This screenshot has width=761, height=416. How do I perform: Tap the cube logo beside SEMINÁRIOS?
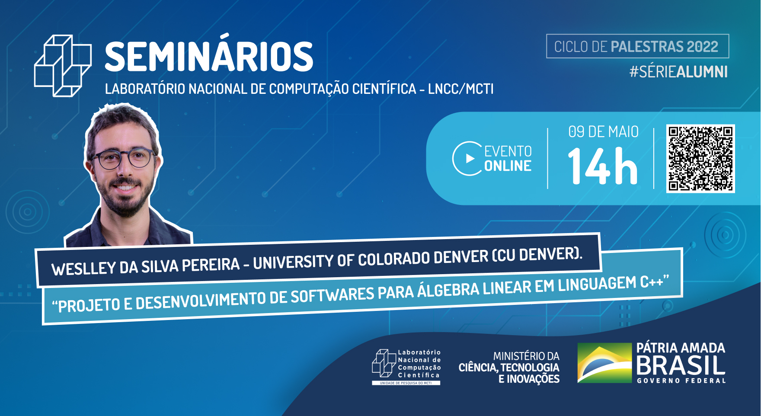pos(63,65)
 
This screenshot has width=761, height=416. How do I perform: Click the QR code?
pos(700,158)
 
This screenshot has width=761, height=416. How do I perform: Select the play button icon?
pos(467,159)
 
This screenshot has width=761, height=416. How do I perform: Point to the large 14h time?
pos(602,166)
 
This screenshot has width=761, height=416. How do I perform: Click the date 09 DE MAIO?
pos(603,131)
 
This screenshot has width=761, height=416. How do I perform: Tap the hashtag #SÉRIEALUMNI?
pos(678,72)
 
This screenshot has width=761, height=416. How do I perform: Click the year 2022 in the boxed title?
pos(702,46)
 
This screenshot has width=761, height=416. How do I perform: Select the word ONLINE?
pos(508,166)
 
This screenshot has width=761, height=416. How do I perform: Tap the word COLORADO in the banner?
pos(393,259)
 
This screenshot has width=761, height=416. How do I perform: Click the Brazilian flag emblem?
pos(604,363)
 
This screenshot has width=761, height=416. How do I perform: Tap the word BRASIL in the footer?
pos(681,366)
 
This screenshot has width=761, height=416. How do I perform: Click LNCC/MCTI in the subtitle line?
pos(461,89)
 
